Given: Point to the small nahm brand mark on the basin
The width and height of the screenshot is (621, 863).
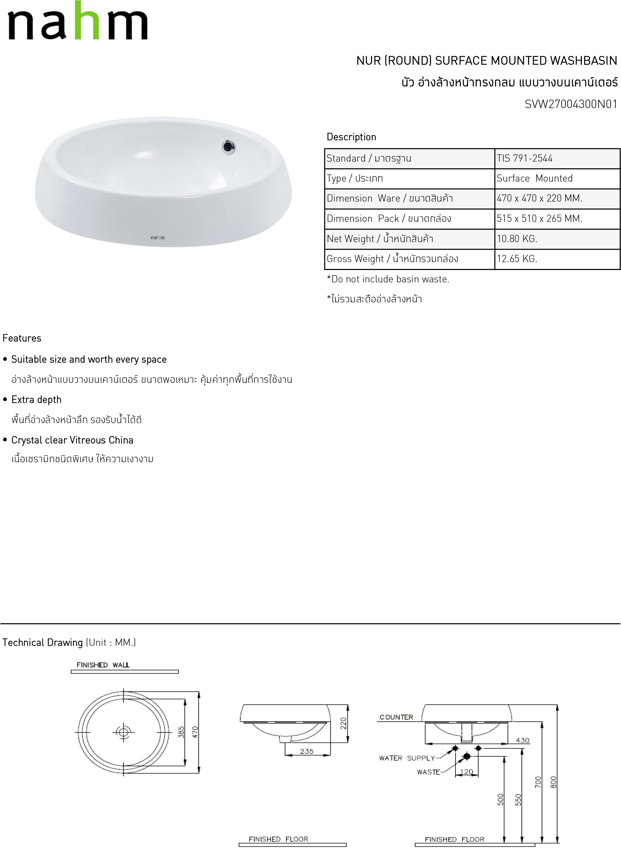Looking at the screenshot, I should point(158,237).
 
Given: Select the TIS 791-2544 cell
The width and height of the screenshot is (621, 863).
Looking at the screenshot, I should point(524,158).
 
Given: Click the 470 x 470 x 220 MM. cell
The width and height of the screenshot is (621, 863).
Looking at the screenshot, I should point(539,198).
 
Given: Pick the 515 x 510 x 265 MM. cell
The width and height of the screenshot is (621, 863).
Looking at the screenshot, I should point(539,218).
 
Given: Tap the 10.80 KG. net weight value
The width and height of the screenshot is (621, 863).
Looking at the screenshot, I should point(517,239).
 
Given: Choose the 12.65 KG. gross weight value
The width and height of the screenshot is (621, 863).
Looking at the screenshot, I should point(517,259).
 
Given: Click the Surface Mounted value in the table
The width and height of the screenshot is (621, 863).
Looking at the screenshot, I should point(534,178).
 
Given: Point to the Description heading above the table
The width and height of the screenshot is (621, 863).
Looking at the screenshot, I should point(351,137).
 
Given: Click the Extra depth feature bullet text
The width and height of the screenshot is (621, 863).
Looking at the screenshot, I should point(36,400).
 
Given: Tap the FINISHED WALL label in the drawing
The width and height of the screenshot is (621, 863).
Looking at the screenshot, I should point(103,665).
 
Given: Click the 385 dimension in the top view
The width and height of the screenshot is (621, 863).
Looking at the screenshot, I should point(181,732).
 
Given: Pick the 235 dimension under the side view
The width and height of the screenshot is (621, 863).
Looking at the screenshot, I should point(307,751).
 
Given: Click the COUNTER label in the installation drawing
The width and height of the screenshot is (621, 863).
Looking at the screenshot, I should point(396,717).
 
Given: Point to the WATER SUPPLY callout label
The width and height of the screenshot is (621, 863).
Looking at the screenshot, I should point(407,758).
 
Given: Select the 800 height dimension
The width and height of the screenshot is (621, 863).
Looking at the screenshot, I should point(553,782).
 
